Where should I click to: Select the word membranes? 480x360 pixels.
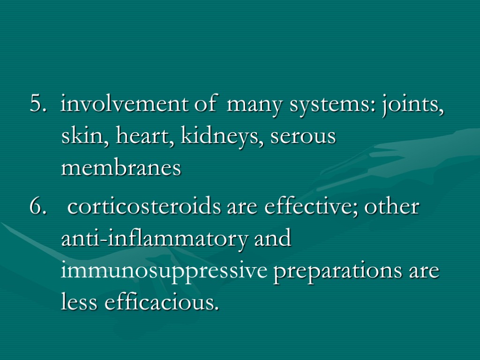tap(121, 169)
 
